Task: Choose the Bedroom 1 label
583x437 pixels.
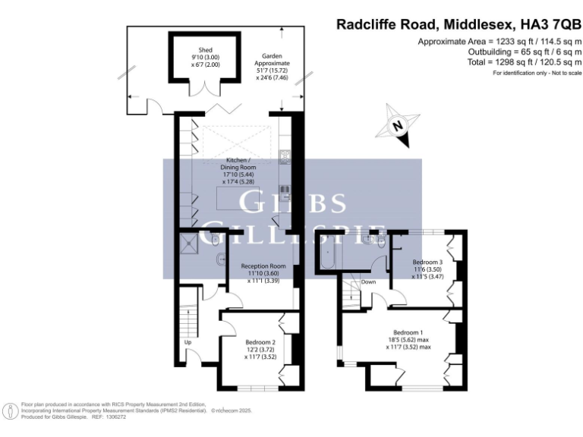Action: pyautogui.click(x=408, y=333)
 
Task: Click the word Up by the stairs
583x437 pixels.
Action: pyautogui.click(x=188, y=342)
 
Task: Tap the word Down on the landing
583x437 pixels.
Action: pyautogui.click(x=368, y=282)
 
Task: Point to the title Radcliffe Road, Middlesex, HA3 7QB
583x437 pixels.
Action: pyautogui.click(x=459, y=24)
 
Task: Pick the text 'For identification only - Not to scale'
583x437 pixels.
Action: pyautogui.click(x=537, y=73)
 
